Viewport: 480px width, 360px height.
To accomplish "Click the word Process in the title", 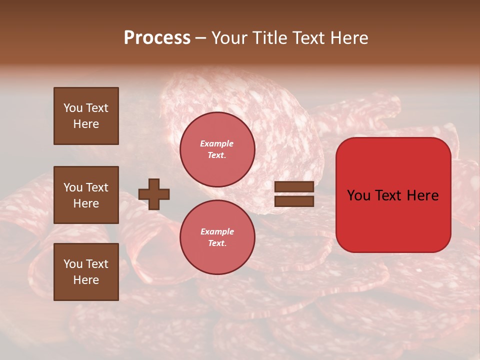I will point(157,38).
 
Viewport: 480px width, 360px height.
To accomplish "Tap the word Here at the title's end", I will point(347,38).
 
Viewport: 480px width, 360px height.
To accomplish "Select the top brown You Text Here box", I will point(86,116).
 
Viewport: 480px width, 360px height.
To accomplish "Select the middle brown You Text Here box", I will point(86,195).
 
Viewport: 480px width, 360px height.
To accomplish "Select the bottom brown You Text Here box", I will point(86,272).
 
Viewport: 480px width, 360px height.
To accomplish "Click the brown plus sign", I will point(154,194).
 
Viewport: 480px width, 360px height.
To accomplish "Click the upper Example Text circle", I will point(217,149).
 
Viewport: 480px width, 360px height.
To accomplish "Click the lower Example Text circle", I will point(217,237).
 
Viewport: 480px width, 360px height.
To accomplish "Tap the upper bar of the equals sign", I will point(294,186).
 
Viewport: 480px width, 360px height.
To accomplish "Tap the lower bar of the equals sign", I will point(294,201).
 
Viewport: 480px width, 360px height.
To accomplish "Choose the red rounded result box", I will point(393,195).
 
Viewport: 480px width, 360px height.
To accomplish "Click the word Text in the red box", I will point(391,195).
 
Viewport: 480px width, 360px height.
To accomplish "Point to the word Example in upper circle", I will point(217,144).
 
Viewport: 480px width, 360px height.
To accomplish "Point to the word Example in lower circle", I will point(217,232).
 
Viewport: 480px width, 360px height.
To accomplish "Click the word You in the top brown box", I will point(73,108).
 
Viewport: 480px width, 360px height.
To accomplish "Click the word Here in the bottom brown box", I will point(86,280).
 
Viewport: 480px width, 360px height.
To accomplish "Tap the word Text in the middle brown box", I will point(97,187).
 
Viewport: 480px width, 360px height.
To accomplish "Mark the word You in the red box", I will point(359,195).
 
